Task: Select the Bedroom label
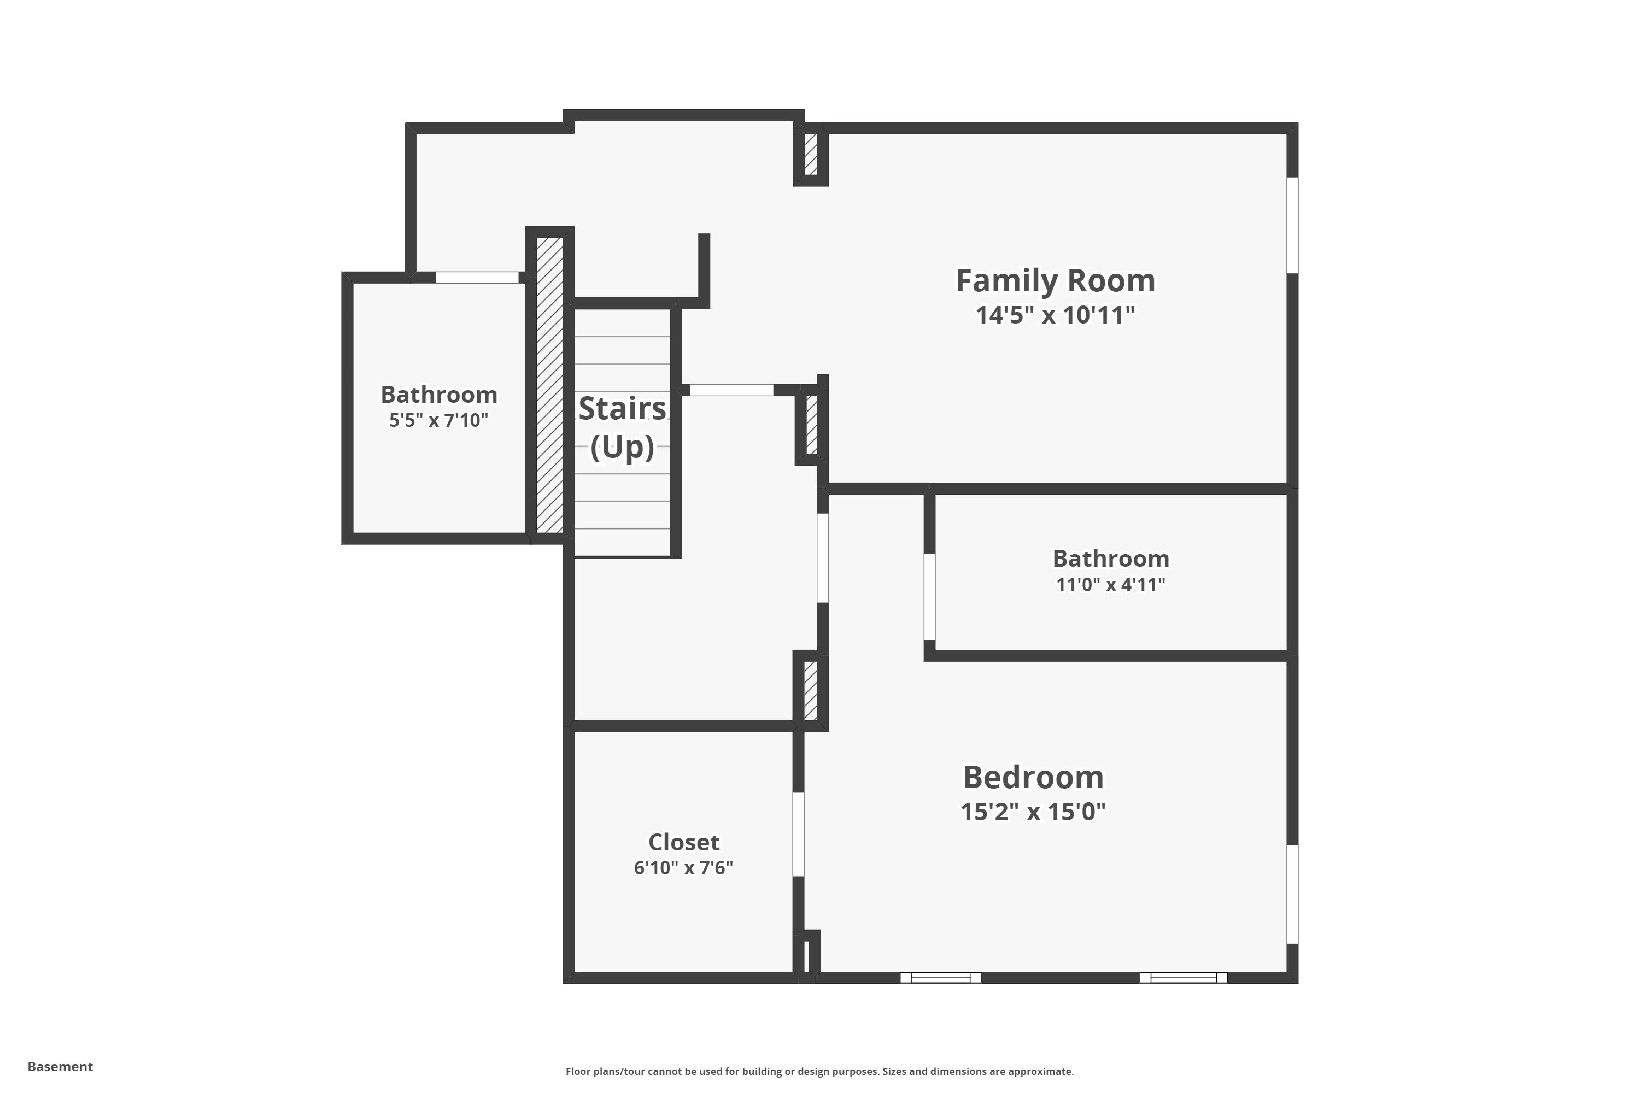[x=1033, y=777]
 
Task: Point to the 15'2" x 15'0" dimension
[x=1033, y=812]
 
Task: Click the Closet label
[x=683, y=842]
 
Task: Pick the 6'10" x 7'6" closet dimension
[x=683, y=868]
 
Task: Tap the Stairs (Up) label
[x=622, y=427]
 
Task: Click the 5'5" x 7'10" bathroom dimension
[x=438, y=420]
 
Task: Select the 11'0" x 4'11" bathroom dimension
[x=1110, y=584]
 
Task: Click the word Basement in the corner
[x=60, y=1067]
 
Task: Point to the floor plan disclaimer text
[x=819, y=1071]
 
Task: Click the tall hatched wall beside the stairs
[x=549, y=385]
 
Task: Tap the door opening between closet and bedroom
[x=798, y=834]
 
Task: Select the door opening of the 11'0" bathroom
[x=929, y=597]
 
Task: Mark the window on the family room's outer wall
[x=1292, y=225]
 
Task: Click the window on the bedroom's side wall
[x=1292, y=894]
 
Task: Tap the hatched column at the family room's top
[x=810, y=154]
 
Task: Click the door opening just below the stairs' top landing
[x=731, y=390]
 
